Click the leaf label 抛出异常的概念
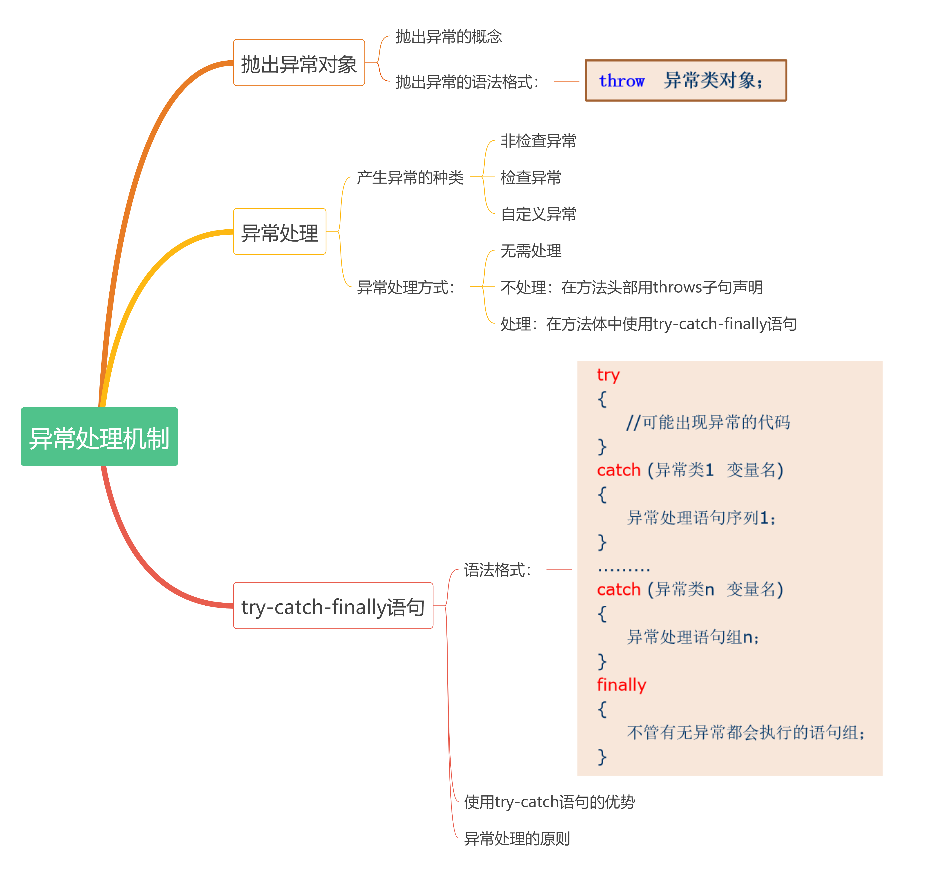(x=448, y=36)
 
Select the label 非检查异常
(x=538, y=141)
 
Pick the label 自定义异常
(x=538, y=214)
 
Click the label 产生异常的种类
(x=410, y=177)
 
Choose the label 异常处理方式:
(x=406, y=287)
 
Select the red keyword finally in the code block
(x=621, y=685)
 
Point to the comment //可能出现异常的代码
(x=708, y=422)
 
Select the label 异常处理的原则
(x=517, y=838)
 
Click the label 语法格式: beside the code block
(x=498, y=570)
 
